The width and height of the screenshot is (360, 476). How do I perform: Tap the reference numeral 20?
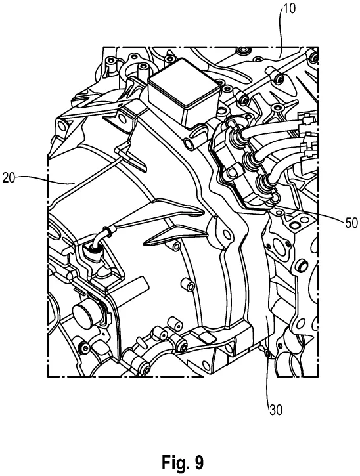click(x=9, y=178)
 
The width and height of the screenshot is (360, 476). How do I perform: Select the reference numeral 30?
click(x=275, y=410)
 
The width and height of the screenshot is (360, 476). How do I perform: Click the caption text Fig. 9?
click(x=182, y=463)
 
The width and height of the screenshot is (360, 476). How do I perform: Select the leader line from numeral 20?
click(x=45, y=181)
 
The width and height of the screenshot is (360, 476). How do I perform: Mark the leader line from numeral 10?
click(x=281, y=33)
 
